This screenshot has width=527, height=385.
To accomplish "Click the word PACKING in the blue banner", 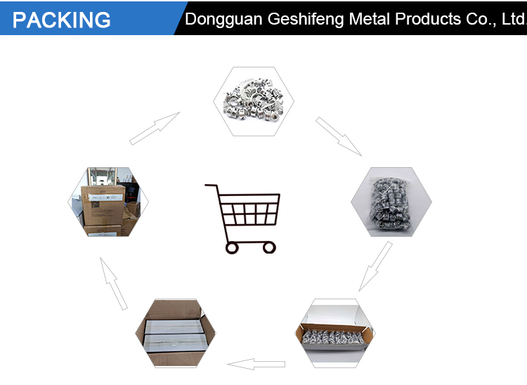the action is coord(62,20).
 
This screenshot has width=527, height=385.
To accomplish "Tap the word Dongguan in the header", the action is coord(223,20).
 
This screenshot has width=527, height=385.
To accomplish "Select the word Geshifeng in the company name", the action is coord(306,20).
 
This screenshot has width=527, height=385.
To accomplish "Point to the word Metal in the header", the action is coord(369,19).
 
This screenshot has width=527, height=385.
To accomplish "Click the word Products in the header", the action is coord(428,19).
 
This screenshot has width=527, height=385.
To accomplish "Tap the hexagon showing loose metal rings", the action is coord(254,101).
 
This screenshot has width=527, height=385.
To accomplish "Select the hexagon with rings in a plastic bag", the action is coord(391,202).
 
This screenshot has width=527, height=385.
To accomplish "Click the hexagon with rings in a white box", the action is coord(335,333).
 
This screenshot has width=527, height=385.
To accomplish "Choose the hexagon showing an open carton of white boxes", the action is coord(176,333).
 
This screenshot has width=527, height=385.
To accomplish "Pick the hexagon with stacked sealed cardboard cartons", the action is coord(108,202).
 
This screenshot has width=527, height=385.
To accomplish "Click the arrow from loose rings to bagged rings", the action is coord(339,136).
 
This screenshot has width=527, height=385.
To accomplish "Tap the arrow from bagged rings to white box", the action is coord(375,266).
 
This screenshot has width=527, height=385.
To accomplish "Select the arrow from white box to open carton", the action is coord(256,364).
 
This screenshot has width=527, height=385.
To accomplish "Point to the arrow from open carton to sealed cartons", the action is coord(114,284).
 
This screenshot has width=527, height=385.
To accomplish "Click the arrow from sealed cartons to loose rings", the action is coord(155,129).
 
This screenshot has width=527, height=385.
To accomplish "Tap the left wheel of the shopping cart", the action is coord(232,248).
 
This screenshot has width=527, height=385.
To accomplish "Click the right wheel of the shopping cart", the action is coord(269,248).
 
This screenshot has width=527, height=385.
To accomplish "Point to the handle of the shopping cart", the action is coord(212,185).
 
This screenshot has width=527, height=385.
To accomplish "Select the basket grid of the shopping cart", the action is coord(249,209).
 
